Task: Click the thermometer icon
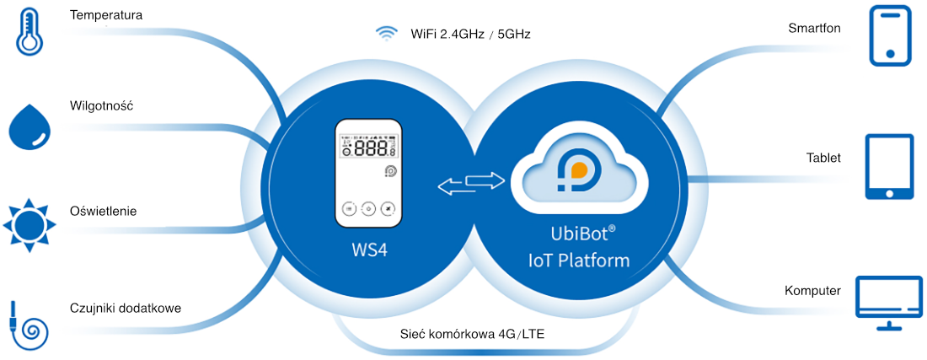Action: pos(32,33)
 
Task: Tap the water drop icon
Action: pos(30,127)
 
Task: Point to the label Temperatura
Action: pos(106,15)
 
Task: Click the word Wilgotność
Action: pos(103,106)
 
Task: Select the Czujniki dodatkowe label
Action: pos(126,308)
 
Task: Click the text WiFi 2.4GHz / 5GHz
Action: pos(470,35)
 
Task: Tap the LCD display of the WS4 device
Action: pos(368,148)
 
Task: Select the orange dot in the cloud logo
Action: pos(579,169)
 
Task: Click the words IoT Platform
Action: pos(579,261)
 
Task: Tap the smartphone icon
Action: pos(891,36)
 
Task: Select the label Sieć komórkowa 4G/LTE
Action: pos(472,334)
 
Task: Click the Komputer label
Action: pos(812,291)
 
